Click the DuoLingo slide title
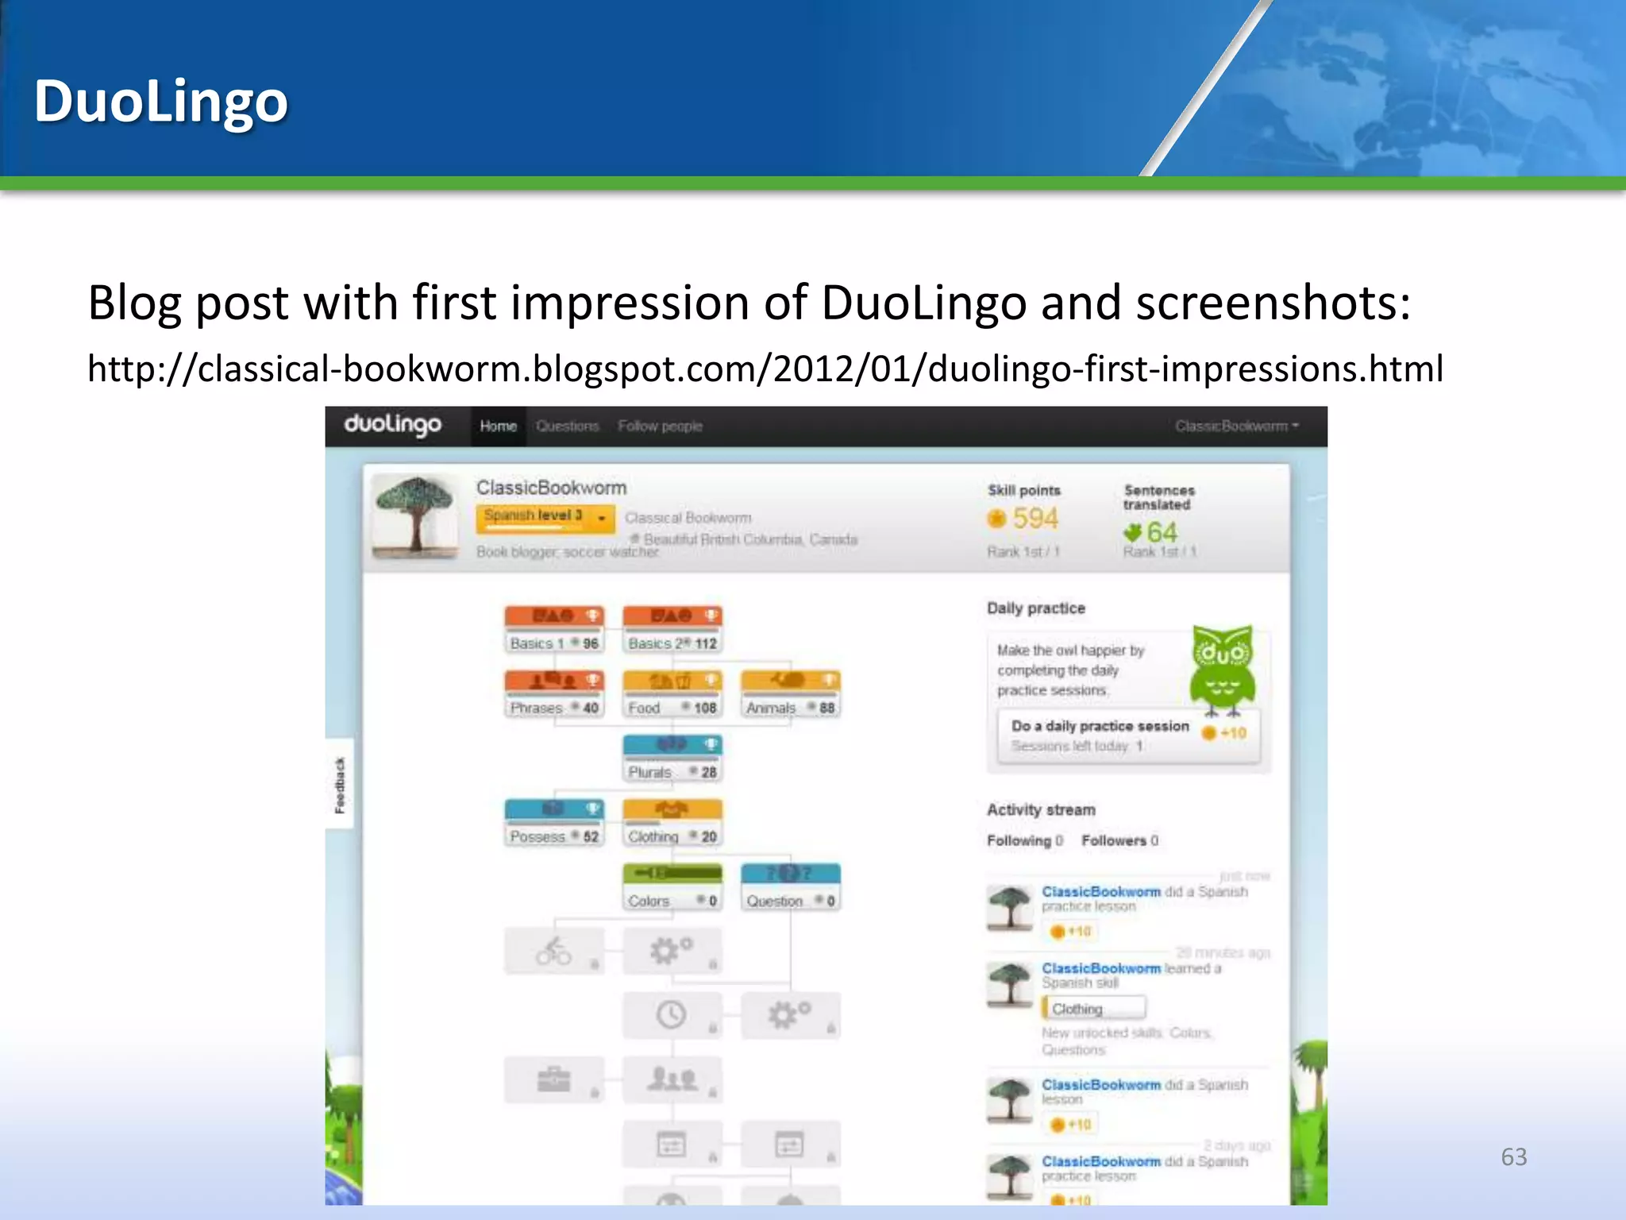click(160, 102)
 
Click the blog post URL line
click(765, 369)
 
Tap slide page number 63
click(1513, 1156)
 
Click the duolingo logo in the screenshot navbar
click(392, 425)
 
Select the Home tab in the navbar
click(498, 427)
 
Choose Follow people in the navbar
click(660, 427)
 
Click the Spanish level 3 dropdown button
click(545, 517)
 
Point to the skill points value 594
click(1035, 519)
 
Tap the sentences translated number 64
click(1162, 532)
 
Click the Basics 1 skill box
click(554, 630)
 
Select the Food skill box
click(672, 694)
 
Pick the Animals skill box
click(790, 694)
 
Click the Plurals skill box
click(672, 759)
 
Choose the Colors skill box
click(672, 887)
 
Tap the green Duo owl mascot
click(1222, 670)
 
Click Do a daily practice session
click(1100, 726)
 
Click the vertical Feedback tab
click(340, 785)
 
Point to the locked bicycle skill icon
click(553, 951)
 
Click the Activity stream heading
click(1041, 809)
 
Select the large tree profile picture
click(414, 515)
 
